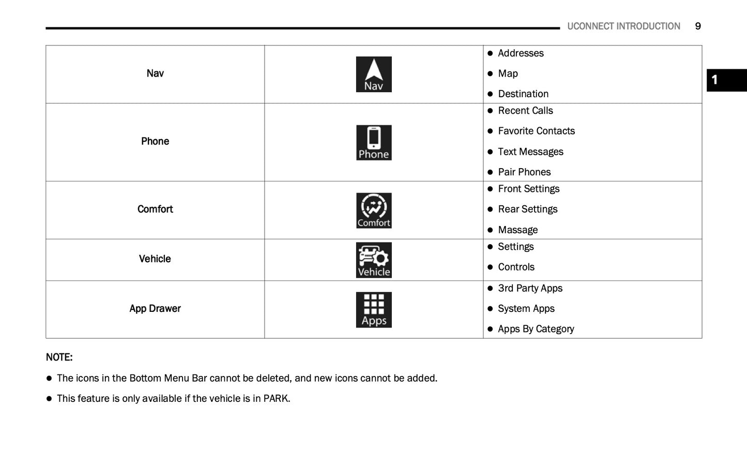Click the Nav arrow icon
tap(374, 74)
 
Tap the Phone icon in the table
tap(374, 143)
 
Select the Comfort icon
tap(374, 210)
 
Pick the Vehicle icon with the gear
tap(374, 260)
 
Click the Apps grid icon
tap(374, 310)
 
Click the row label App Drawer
tap(155, 309)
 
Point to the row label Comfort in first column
tap(155, 209)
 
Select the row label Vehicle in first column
tap(155, 259)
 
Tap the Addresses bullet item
tap(521, 53)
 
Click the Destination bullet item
tap(523, 94)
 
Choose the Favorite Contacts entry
tap(536, 131)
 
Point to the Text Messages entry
tap(530, 152)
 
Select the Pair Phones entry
tap(524, 172)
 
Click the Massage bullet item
tap(517, 230)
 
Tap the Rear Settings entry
tap(528, 209)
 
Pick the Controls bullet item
tap(516, 267)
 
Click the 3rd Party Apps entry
tap(530, 289)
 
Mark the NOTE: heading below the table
tap(59, 357)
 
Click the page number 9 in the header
tap(698, 26)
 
